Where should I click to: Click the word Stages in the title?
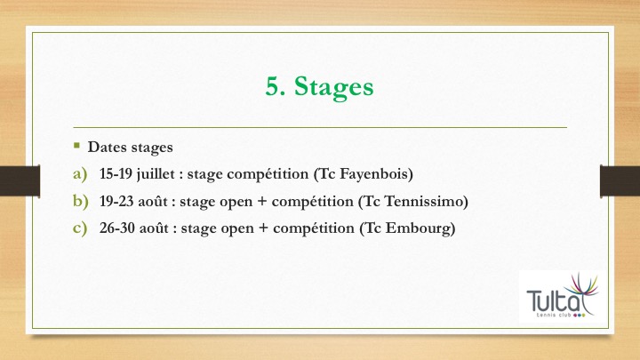coord(334,87)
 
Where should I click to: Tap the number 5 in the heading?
coord(273,86)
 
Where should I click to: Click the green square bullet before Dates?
coord(76,145)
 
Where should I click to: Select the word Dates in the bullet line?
coord(108,147)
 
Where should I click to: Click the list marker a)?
coord(80,174)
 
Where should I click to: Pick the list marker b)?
coord(81,201)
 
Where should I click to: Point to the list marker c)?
coord(80,228)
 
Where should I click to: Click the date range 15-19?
coord(116,174)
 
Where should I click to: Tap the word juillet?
coord(156,174)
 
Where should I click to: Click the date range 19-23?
coord(116,201)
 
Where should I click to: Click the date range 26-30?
coord(117,228)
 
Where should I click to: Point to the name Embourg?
coord(418,228)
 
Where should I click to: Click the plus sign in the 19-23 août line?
coord(262,202)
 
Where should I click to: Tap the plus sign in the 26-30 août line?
coord(264,228)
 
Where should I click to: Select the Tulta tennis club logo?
coord(563,296)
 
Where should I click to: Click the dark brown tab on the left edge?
coord(20,180)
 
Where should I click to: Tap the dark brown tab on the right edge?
coord(620,180)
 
